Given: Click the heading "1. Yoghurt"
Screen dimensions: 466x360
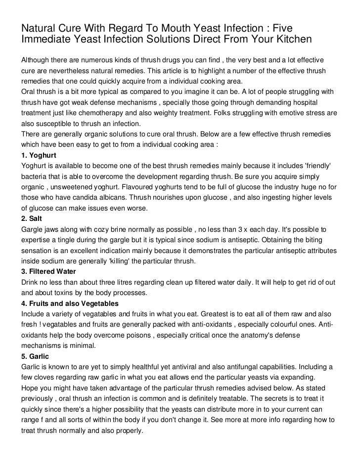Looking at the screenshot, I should (39, 155).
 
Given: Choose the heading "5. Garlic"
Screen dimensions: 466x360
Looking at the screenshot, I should (35, 356).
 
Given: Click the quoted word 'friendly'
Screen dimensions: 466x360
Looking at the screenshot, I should (317, 166).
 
